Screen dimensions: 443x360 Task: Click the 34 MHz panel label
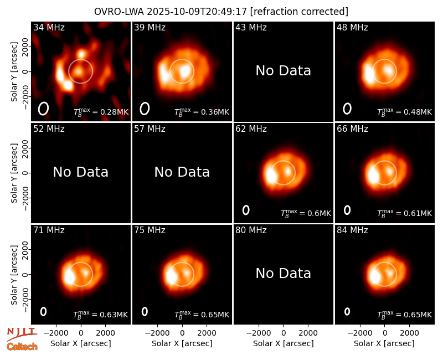point(49,27)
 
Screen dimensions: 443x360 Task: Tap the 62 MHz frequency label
point(251,129)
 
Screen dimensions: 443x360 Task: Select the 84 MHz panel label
point(352,230)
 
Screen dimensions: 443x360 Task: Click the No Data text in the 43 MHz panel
point(283,71)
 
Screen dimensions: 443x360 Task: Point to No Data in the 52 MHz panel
point(80,172)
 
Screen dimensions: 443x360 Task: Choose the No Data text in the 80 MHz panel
point(283,273)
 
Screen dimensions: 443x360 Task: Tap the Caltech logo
point(22,347)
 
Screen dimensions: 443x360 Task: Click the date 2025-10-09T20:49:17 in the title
point(197,12)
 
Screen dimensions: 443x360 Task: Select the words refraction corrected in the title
point(299,12)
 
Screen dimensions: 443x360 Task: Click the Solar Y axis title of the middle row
point(14,173)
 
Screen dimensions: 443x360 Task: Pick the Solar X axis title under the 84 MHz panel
point(384,343)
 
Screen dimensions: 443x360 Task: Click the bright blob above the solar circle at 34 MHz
point(81,53)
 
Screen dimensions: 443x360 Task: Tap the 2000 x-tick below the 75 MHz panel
point(207,333)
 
